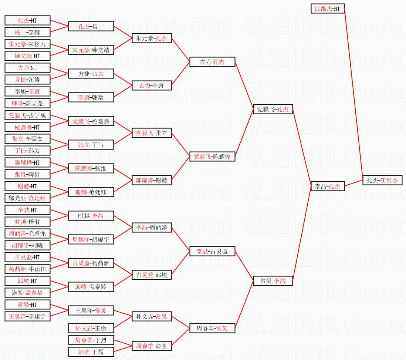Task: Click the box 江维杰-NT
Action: point(327,8)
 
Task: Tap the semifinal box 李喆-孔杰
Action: point(328,186)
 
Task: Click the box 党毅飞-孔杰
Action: point(273,109)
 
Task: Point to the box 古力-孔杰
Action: point(212,62)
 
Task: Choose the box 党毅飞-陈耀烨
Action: point(212,157)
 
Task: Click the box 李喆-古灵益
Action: point(212,252)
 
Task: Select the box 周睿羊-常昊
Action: point(212,328)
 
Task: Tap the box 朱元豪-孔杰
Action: point(152,38)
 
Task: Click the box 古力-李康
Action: point(152,85)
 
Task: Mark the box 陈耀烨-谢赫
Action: point(152,181)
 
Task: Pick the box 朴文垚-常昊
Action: point(152,316)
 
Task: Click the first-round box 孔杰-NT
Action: point(28,20)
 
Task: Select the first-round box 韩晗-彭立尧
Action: point(28,103)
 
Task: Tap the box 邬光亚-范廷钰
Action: point(28,198)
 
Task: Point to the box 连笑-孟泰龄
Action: point(28,293)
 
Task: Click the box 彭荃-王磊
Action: point(91,352)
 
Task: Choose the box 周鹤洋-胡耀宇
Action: point(91,240)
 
